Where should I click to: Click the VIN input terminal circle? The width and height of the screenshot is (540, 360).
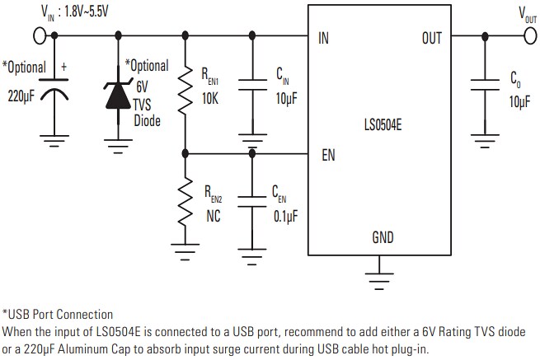click(x=39, y=36)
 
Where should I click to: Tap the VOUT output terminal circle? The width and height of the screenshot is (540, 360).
click(x=528, y=36)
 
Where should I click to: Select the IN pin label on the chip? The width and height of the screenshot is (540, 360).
click(x=323, y=38)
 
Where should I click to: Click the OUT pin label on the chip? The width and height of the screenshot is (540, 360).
click(x=431, y=38)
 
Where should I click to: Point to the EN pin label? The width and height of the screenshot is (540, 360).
click(x=327, y=154)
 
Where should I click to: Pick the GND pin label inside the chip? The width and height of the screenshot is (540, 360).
click(x=382, y=238)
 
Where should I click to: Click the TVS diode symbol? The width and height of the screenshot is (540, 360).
click(x=119, y=93)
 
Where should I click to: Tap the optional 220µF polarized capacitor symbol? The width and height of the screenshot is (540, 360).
click(x=56, y=91)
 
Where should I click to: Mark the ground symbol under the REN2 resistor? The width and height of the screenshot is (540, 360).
click(x=185, y=249)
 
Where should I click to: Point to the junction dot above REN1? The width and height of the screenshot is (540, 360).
click(x=185, y=36)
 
